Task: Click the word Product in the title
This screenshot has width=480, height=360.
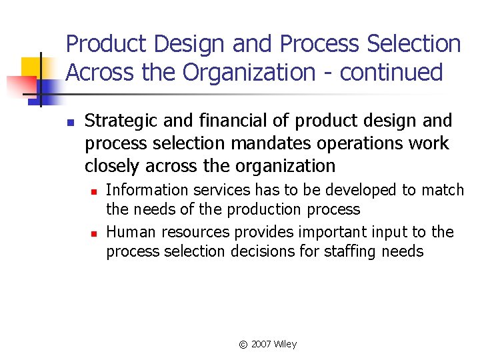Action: pos(107,45)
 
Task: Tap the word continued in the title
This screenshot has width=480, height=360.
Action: pos(391,72)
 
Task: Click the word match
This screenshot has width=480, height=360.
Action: pos(443,190)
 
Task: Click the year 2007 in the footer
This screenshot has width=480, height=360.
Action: pos(261,344)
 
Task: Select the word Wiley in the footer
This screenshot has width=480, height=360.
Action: pos(285,344)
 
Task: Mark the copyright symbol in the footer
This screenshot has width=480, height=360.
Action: pos(243,345)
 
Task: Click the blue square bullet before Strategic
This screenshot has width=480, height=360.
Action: pos(69,122)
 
